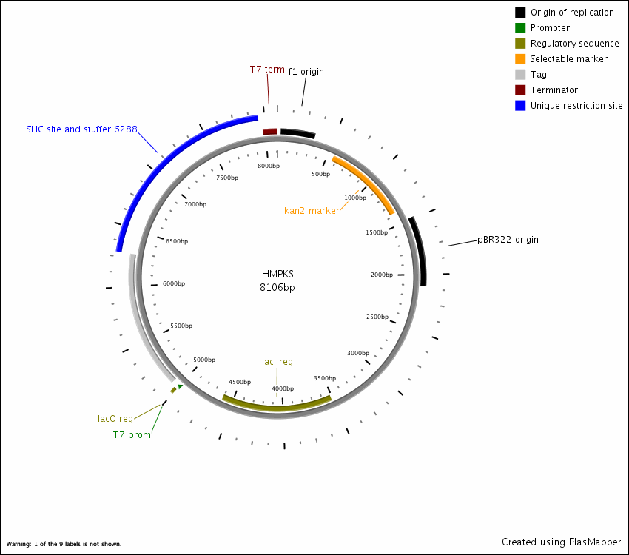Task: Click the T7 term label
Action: [266, 70]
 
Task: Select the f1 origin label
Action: [306, 72]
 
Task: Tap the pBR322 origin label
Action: [508, 240]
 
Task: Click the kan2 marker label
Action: [312, 211]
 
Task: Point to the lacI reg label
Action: [277, 362]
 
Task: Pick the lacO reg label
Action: [115, 419]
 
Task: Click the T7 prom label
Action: [132, 435]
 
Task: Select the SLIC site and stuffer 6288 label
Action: [81, 129]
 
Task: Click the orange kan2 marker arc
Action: [364, 184]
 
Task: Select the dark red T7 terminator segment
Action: [270, 132]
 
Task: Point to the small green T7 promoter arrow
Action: [180, 386]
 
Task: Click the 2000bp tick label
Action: [382, 275]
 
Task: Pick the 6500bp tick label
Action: [177, 242]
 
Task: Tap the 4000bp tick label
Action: [283, 388]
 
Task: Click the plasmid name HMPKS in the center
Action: [277, 274]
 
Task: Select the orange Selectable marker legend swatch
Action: [520, 59]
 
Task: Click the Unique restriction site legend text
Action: [576, 106]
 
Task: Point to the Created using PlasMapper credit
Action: [561, 542]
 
